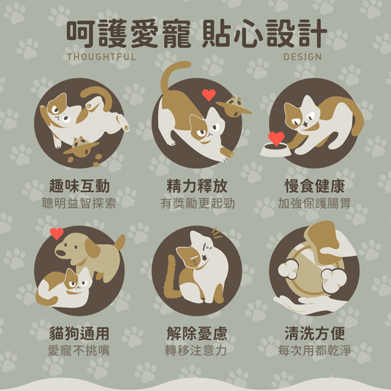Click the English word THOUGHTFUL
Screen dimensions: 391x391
point(102,57)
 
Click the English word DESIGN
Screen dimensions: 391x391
point(303,57)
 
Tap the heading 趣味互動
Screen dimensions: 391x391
point(79,186)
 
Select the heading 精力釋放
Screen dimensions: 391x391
point(197,186)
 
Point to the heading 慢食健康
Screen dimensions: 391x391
point(315,186)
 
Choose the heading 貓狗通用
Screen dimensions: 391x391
point(79,333)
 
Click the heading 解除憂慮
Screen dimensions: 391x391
point(197,333)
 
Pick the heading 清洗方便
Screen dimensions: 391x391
point(315,333)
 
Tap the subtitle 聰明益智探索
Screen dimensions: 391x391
point(79,203)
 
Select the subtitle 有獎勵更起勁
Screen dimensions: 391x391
point(197,203)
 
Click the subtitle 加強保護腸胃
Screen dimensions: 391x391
point(315,203)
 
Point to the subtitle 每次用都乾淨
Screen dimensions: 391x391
point(315,350)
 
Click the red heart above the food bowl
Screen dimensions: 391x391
point(276,138)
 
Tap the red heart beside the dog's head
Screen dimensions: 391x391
point(57,233)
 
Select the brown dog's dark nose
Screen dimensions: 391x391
point(60,253)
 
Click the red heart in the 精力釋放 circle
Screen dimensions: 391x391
point(209,95)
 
